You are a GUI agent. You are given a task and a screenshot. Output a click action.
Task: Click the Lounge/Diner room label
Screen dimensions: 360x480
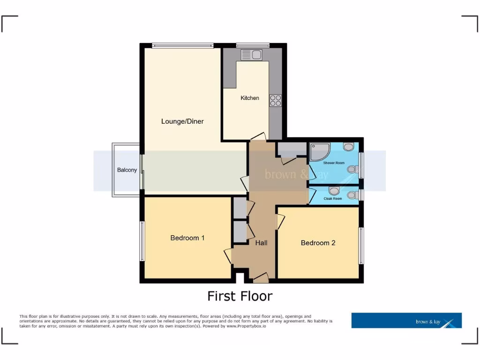pyautogui.click(x=182, y=121)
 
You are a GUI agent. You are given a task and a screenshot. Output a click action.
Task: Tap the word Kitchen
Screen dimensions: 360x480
pyautogui.click(x=250, y=98)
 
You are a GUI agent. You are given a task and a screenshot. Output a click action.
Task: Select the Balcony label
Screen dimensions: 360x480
pyautogui.click(x=127, y=170)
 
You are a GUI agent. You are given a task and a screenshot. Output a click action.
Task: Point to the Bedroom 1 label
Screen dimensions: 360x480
pyautogui.click(x=187, y=238)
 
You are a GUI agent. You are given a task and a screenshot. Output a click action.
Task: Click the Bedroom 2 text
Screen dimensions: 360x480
pyautogui.click(x=318, y=243)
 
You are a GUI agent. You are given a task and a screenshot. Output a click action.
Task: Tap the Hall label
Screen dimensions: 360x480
pyautogui.click(x=261, y=243)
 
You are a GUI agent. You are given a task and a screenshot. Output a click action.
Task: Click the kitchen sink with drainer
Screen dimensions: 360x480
pyautogui.click(x=252, y=55)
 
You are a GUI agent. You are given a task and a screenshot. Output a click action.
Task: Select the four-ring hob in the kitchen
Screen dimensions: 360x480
pyautogui.click(x=276, y=100)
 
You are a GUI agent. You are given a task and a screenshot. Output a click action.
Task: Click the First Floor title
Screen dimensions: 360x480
pyautogui.click(x=240, y=296)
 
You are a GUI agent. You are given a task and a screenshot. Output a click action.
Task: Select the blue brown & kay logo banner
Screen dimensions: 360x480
pyautogui.click(x=406, y=321)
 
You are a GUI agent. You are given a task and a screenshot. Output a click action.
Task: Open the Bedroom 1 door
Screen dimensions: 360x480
pyautogui.click(x=228, y=256)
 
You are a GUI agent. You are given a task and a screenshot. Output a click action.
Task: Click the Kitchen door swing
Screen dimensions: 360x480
pyautogui.click(x=258, y=136)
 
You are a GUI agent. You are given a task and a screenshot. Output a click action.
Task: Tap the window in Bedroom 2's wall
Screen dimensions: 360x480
pyautogui.click(x=361, y=246)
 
